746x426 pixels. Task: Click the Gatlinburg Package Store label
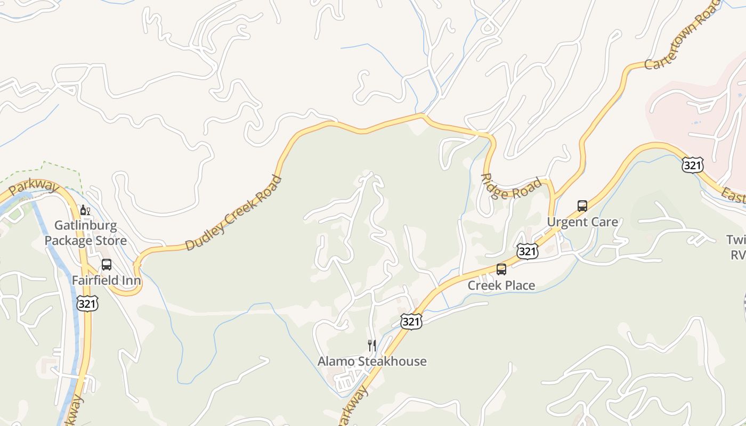point(85,233)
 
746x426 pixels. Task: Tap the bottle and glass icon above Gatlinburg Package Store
point(85,210)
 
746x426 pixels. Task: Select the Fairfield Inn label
point(107,281)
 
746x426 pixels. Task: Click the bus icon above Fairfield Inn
point(107,265)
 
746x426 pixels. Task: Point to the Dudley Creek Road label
point(233,213)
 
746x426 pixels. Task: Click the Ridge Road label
point(511,186)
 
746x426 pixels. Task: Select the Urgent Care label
point(583,222)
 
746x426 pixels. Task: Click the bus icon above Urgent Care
point(582,206)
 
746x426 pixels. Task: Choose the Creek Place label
point(501,285)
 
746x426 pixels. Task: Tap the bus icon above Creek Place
point(501,269)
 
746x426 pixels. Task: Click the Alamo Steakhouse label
point(372,362)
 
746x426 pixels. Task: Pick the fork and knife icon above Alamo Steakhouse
point(372,346)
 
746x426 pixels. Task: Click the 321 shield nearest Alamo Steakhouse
point(411,321)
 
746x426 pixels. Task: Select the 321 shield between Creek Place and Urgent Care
point(527,251)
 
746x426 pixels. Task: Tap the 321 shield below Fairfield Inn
point(87,304)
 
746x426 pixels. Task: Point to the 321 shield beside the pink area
point(692,165)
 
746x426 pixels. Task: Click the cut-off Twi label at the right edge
point(736,240)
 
